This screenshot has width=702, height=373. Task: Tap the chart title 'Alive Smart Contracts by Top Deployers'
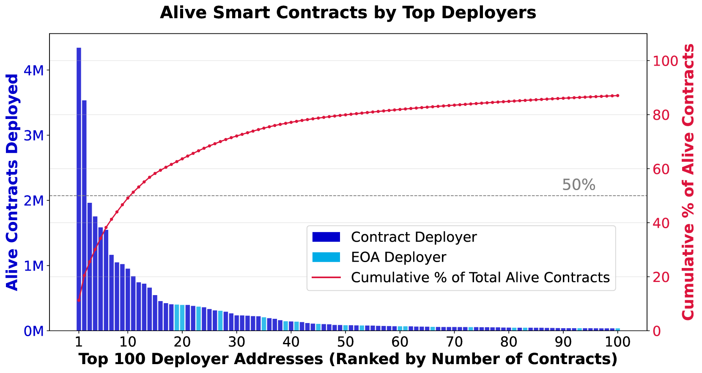pyautogui.click(x=348, y=13)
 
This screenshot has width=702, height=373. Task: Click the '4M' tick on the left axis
pyautogui.click(x=34, y=70)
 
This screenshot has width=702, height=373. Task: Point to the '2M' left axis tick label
pyautogui.click(x=34, y=201)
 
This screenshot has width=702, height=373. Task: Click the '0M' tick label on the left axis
pyautogui.click(x=34, y=331)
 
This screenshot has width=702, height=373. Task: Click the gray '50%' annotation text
pyautogui.click(x=579, y=185)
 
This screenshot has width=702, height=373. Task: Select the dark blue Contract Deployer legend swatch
pyautogui.click(x=326, y=237)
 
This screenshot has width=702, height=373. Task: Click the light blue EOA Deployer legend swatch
pyautogui.click(x=326, y=257)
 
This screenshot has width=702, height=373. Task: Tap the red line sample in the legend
pyautogui.click(x=326, y=278)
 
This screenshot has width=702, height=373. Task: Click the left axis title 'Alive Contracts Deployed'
pyautogui.click(x=13, y=182)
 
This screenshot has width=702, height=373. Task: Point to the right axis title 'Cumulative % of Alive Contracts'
pyautogui.click(x=688, y=182)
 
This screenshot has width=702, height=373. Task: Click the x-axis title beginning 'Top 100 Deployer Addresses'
pyautogui.click(x=348, y=359)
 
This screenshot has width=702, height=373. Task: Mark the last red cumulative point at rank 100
pyautogui.click(x=617, y=96)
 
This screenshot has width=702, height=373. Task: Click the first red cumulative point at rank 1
pyautogui.click(x=79, y=300)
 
